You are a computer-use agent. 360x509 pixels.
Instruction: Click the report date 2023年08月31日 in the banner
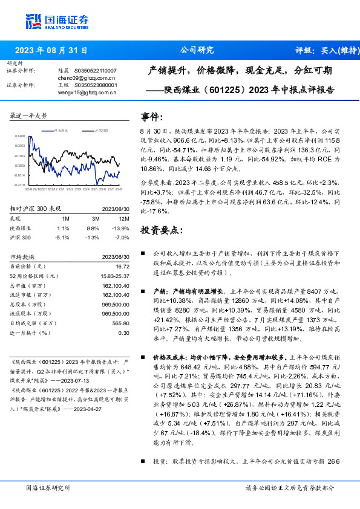tap(51, 50)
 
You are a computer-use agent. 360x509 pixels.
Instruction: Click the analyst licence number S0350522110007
tap(96, 71)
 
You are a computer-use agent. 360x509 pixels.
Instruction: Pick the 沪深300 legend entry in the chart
tap(101, 130)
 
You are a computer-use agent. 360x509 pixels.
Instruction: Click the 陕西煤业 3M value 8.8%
tap(93, 229)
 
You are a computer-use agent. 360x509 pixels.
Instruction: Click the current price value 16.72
tap(122, 266)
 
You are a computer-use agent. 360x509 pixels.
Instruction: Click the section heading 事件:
tap(151, 116)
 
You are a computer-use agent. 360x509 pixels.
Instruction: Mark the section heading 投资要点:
tap(160, 230)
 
